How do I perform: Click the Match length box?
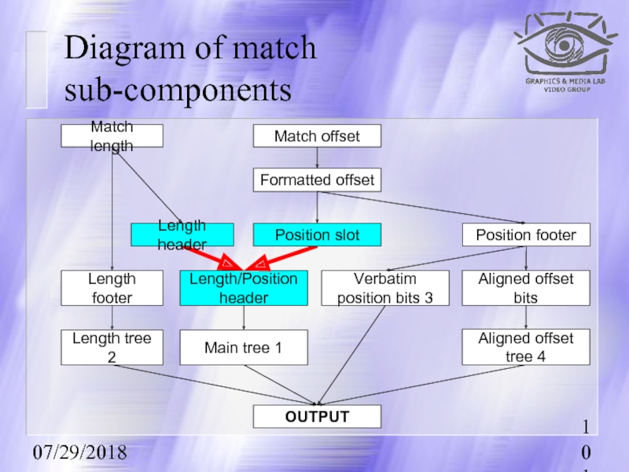pos(112,136)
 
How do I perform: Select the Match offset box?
pos(316,136)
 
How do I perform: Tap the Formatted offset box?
pos(316,180)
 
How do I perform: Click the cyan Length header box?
pos(182,234)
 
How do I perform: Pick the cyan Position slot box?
pos(316,234)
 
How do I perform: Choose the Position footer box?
pos(525,234)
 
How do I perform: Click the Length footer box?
pos(112,288)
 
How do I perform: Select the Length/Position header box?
pos(243,288)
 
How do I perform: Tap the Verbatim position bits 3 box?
pos(385,288)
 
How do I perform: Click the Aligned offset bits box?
pos(525,288)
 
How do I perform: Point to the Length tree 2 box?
pos(112,347)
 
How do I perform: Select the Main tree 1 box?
pos(243,347)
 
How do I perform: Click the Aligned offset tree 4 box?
pos(525,347)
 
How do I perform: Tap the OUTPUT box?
pos(316,416)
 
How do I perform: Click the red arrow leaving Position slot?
pos(283,256)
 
